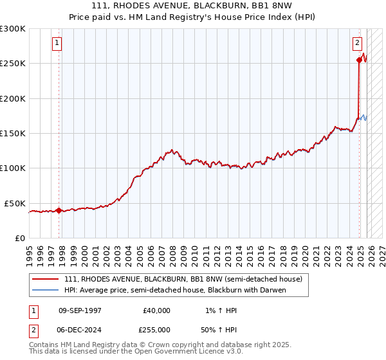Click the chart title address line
[192, 6]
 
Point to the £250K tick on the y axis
[13, 64]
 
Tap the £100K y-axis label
[13, 168]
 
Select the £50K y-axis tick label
[15, 203]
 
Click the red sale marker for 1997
[59, 210]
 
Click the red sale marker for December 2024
[359, 60]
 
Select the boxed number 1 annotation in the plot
[57, 43]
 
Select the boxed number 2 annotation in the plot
[356, 43]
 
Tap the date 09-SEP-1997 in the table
[80, 310]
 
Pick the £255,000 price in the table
[156, 329]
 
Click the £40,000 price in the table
[156, 310]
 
